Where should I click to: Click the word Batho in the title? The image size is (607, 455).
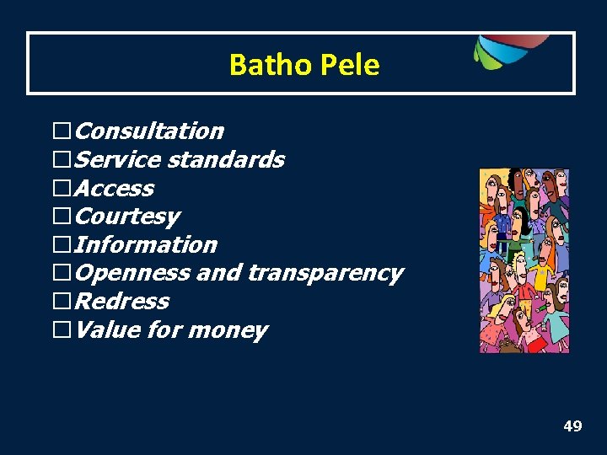pyautogui.click(x=260, y=65)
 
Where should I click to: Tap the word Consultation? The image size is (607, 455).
pyautogui.click(x=149, y=131)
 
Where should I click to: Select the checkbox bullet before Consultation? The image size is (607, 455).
pyautogui.click(x=62, y=131)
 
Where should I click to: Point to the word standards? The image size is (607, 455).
pyautogui.click(x=226, y=160)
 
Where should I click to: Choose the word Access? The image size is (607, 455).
pyautogui.click(x=114, y=189)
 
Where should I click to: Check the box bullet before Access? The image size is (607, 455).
pyautogui.click(x=62, y=189)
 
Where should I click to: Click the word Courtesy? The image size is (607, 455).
pyautogui.click(x=126, y=217)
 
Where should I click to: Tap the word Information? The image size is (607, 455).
pyautogui.click(x=146, y=245)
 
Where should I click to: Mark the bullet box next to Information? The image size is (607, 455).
pyautogui.click(x=62, y=245)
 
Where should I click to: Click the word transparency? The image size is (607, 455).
pyautogui.click(x=325, y=274)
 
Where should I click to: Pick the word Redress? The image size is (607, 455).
pyautogui.click(x=121, y=302)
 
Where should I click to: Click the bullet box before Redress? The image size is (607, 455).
pyautogui.click(x=62, y=302)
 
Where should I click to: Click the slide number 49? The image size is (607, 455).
pyautogui.click(x=572, y=426)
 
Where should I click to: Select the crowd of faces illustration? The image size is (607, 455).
pyautogui.click(x=524, y=260)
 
